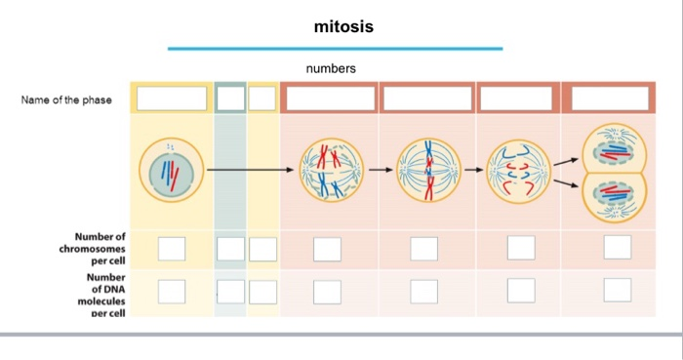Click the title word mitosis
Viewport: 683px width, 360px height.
click(x=343, y=26)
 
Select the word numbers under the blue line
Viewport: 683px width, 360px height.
click(x=331, y=69)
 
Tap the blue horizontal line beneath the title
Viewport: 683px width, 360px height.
click(x=335, y=48)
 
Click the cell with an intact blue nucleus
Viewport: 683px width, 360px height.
click(x=172, y=169)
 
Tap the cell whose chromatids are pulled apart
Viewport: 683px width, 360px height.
click(x=514, y=170)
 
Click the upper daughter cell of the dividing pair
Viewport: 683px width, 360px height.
click(x=614, y=147)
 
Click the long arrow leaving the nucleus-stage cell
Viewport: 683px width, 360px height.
click(x=250, y=170)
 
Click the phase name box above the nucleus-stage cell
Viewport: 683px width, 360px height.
click(x=172, y=99)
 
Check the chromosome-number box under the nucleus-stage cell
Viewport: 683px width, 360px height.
click(x=172, y=248)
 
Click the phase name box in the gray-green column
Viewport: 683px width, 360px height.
click(x=230, y=99)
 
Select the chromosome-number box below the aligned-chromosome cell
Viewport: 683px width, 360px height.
click(x=424, y=249)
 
